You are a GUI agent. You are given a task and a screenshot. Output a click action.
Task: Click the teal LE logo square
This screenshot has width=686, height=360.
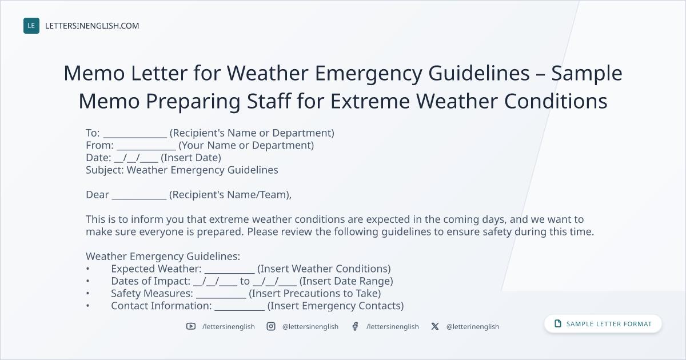(31, 26)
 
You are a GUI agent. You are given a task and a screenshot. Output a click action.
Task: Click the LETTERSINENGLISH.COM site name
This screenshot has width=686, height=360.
(92, 26)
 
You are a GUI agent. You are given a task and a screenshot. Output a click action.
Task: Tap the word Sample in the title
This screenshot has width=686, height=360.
(587, 74)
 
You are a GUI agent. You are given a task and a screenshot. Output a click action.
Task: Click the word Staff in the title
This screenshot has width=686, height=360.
(269, 101)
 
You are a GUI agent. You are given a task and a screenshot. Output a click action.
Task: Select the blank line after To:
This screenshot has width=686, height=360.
(135, 137)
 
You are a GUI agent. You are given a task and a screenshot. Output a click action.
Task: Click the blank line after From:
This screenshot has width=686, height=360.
(146, 149)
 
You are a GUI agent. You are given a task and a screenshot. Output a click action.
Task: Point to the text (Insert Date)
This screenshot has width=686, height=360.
(191, 158)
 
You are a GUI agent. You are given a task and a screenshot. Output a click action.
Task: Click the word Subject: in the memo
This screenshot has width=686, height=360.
(105, 170)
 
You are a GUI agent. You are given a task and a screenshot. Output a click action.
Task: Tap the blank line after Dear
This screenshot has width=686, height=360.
(139, 199)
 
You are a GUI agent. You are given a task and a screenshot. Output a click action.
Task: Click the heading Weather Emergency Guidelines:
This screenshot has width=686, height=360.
(163, 256)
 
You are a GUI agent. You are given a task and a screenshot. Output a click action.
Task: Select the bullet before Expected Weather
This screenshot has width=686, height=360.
(88, 269)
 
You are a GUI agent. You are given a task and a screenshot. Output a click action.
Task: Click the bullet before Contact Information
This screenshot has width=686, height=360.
(88, 306)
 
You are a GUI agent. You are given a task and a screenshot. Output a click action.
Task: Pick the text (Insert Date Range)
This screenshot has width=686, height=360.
(346, 281)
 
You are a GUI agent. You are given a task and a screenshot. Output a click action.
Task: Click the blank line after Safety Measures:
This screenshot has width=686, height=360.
(221, 297)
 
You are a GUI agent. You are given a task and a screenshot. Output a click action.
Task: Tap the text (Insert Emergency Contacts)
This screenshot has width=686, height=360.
(336, 306)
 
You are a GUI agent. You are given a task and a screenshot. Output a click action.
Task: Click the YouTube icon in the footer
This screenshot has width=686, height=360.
(191, 326)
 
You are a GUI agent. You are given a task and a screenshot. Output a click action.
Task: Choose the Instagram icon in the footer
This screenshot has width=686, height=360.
(271, 326)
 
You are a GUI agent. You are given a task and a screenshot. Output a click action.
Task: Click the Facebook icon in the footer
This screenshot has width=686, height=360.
(355, 326)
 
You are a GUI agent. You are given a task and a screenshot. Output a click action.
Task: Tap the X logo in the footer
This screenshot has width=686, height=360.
(435, 326)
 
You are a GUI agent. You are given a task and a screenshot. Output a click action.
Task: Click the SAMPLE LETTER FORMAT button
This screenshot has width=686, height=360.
(603, 324)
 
